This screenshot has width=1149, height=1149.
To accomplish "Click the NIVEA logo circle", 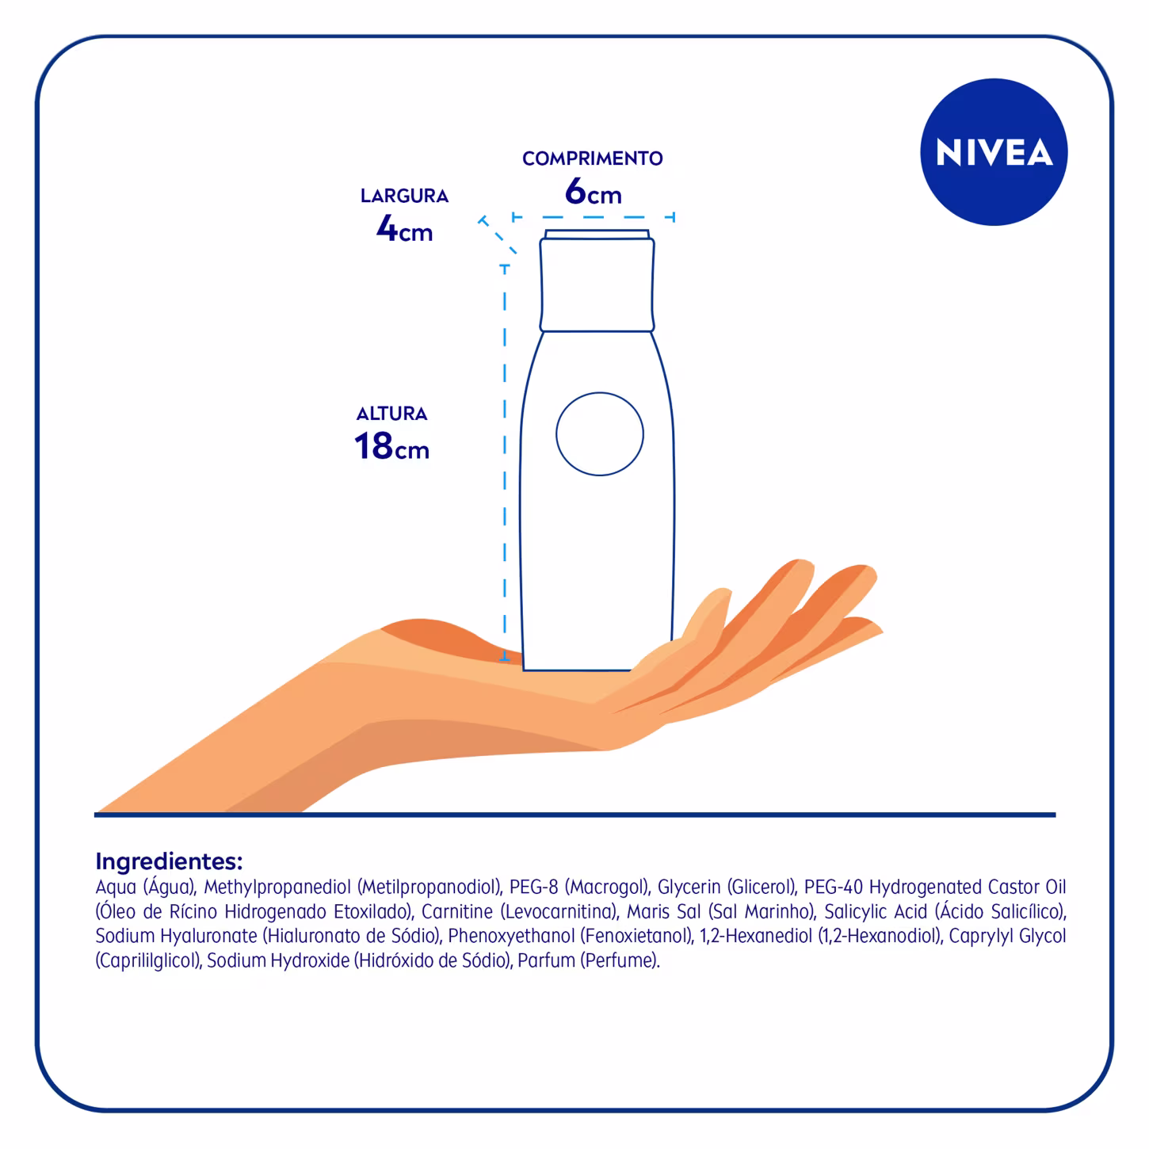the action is [994, 151].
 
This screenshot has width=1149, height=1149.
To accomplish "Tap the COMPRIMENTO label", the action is [592, 158].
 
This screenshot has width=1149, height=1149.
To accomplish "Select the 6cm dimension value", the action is [593, 193].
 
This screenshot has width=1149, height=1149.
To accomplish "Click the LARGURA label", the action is [404, 196].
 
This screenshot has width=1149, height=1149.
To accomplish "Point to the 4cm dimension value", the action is [404, 230].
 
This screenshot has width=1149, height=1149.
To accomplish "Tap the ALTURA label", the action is [391, 414].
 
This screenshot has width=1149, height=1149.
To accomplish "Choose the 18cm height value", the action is [391, 447].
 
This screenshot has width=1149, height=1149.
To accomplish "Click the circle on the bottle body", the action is [599, 433].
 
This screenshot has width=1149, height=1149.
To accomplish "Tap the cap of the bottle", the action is [597, 281].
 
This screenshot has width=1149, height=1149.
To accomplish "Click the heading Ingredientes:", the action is [169, 861].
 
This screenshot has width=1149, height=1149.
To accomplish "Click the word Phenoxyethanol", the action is [511, 936].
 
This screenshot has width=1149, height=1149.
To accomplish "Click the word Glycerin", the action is [689, 887].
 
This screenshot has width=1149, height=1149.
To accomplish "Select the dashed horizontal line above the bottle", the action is [594, 216].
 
